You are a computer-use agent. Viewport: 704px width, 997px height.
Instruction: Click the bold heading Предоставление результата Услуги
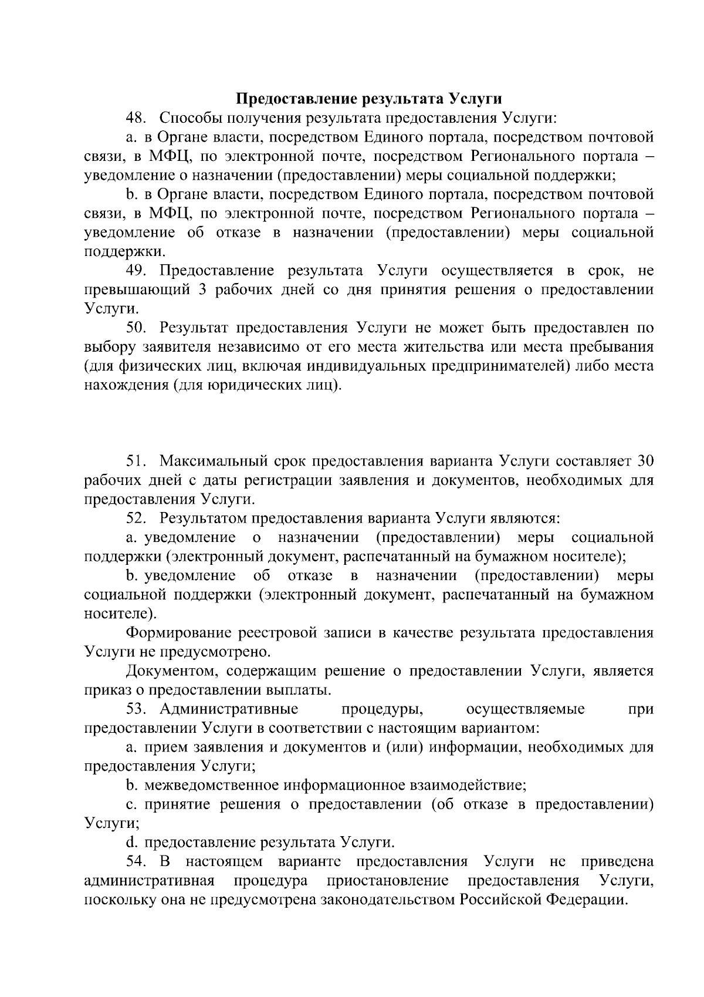(368, 99)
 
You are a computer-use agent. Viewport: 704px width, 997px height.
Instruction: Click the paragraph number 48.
(136, 118)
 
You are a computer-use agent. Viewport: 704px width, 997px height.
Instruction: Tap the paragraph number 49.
(136, 271)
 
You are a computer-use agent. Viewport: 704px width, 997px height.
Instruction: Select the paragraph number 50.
(136, 328)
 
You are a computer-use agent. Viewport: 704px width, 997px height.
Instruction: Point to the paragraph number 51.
(136, 461)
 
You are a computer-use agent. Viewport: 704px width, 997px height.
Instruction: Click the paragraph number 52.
(136, 518)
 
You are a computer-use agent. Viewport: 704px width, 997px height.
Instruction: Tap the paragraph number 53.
(136, 709)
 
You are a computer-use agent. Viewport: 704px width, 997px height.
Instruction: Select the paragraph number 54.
(136, 862)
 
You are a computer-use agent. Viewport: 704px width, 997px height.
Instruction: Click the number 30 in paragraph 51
(645, 461)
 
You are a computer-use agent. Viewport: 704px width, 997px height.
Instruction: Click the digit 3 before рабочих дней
(202, 290)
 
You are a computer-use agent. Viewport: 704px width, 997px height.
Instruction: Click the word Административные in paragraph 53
(229, 709)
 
